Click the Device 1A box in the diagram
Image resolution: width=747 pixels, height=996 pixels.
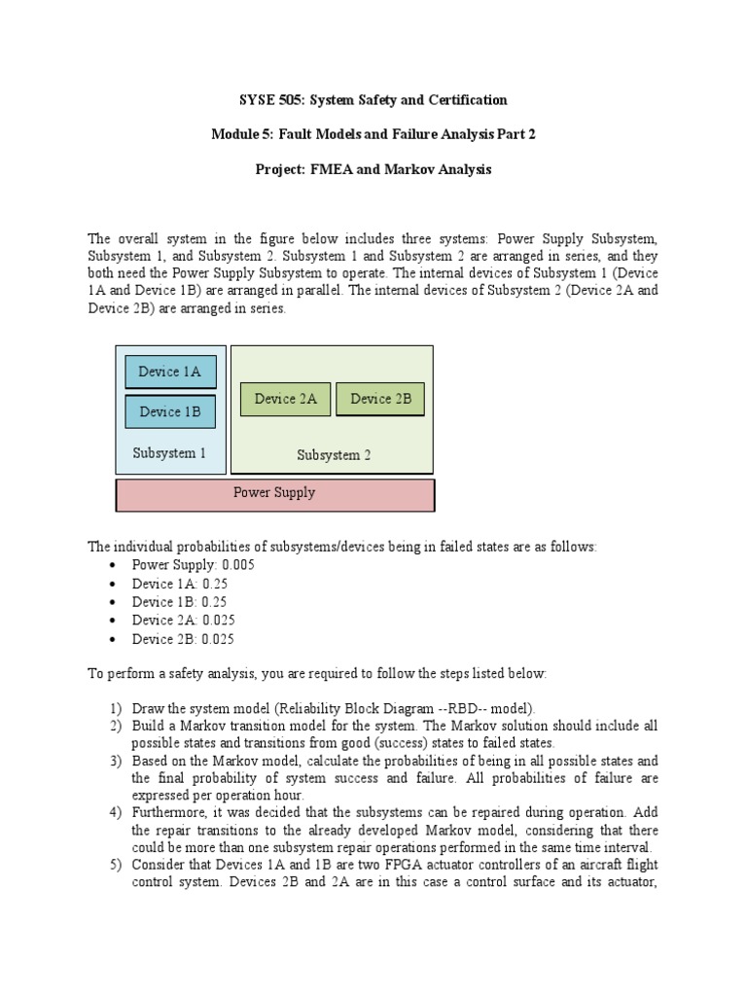[170, 372]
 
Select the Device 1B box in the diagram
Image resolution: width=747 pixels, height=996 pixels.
[170, 411]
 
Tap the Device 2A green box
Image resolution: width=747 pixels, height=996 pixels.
[285, 399]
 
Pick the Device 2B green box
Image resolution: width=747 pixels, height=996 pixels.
[380, 399]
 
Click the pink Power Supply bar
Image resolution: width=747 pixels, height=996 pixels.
[275, 493]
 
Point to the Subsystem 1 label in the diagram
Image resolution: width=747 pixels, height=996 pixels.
[169, 453]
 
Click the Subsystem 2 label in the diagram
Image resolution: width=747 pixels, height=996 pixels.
[333, 455]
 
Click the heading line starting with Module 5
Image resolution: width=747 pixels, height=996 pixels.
[373, 135]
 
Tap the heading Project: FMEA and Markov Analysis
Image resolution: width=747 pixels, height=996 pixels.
[373, 170]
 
